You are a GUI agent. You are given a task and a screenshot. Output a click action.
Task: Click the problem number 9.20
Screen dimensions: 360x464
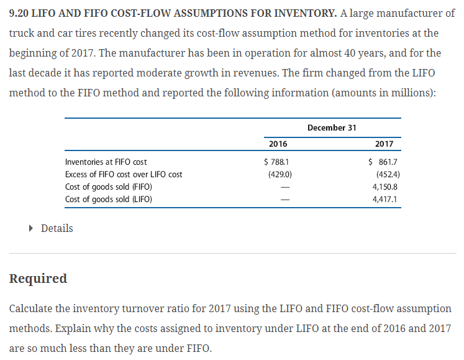[20, 13]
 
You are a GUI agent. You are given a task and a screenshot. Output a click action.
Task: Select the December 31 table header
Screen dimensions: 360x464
[332, 127]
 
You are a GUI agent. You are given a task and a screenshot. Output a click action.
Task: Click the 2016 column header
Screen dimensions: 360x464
[278, 144]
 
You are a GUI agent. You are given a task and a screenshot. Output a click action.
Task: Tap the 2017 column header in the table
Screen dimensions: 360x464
[384, 144]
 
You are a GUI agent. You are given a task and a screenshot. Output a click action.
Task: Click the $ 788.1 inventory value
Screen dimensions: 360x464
[277, 162]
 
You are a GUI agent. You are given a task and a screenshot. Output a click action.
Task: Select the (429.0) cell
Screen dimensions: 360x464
[280, 174]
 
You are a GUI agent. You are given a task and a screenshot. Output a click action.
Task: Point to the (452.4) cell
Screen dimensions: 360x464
[388, 174]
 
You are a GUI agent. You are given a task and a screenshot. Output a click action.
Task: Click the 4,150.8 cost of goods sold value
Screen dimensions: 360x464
[385, 187]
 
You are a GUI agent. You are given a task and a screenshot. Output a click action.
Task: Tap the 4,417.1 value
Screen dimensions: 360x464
[385, 199]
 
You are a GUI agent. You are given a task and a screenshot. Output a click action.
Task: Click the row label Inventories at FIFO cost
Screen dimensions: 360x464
[106, 162]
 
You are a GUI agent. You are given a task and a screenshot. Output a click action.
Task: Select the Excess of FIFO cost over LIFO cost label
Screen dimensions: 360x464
[124, 174]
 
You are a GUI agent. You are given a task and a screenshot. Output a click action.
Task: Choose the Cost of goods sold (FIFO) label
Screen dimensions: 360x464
[109, 187]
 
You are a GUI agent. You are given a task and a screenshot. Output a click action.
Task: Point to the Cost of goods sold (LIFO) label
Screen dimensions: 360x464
[109, 199]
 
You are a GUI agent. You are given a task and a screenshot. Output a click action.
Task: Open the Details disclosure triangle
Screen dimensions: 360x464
[32, 228]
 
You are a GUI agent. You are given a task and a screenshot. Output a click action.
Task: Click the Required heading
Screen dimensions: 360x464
[38, 279]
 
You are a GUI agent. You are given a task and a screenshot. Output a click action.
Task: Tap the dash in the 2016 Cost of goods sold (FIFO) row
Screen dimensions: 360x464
[286, 187]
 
